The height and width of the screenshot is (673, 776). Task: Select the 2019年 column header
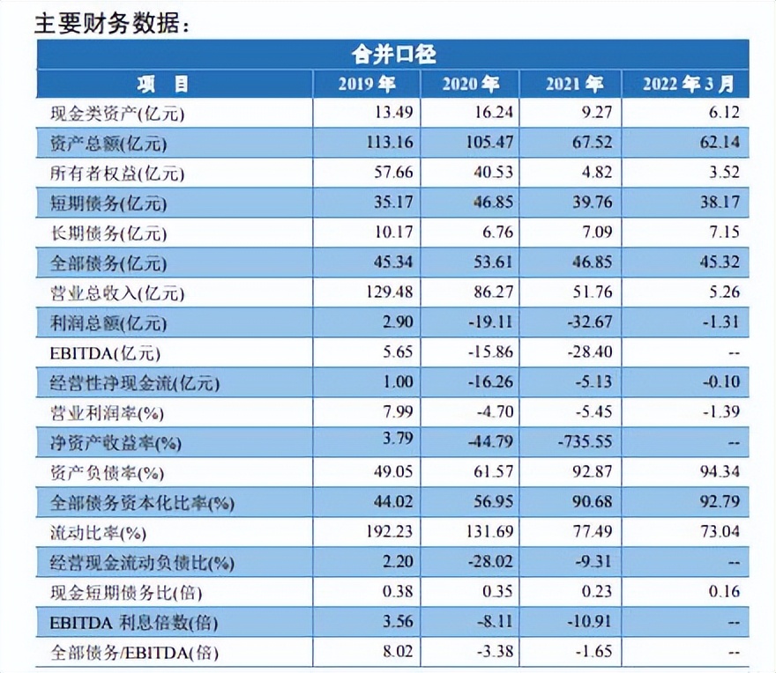coord(367,84)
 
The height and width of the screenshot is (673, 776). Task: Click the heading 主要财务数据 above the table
coord(112,24)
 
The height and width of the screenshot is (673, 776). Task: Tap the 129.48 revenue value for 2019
coord(389,292)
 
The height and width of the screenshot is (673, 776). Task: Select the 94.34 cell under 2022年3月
coord(719,473)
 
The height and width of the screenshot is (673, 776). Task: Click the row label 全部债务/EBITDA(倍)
coord(136,653)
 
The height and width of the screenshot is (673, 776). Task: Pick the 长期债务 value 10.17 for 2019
coord(393,233)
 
